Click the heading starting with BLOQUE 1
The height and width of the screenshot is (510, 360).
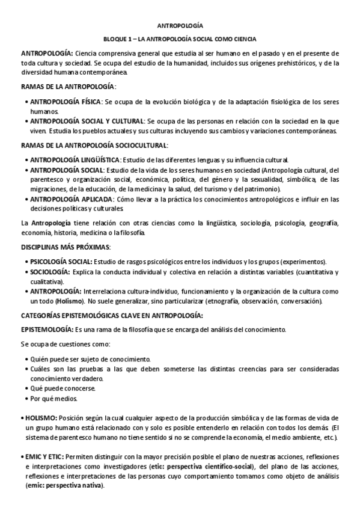[x=180, y=39]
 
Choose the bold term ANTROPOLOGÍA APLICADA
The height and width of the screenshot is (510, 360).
[x=70, y=199]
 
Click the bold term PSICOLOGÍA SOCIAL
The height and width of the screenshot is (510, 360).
[x=61, y=262]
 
